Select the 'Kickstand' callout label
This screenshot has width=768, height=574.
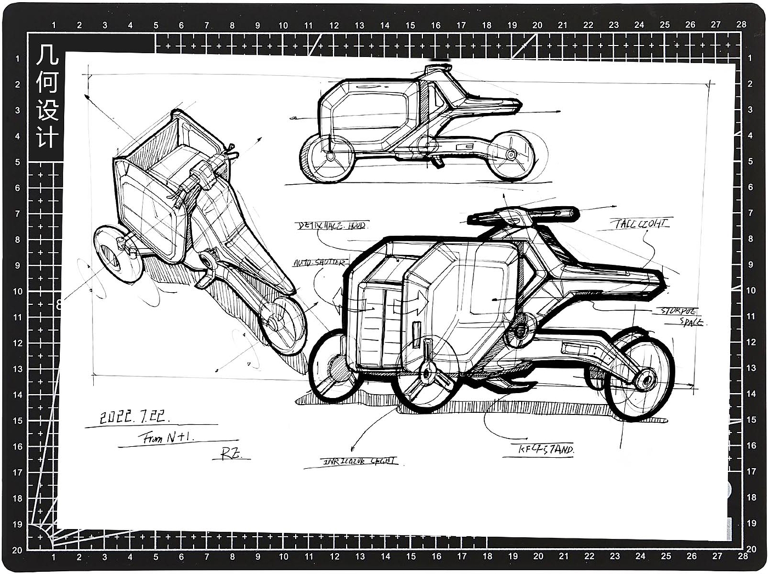546,450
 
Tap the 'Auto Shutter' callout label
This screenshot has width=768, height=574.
319,263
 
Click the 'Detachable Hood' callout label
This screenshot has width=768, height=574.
331,225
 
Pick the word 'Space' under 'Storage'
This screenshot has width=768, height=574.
692,322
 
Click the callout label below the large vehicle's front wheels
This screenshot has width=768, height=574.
359,462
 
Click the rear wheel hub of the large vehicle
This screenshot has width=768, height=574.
646,379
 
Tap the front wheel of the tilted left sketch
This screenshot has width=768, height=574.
115,256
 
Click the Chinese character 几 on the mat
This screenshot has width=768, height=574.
46,55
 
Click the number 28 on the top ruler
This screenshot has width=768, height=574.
741,24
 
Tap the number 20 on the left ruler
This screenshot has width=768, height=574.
17,550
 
